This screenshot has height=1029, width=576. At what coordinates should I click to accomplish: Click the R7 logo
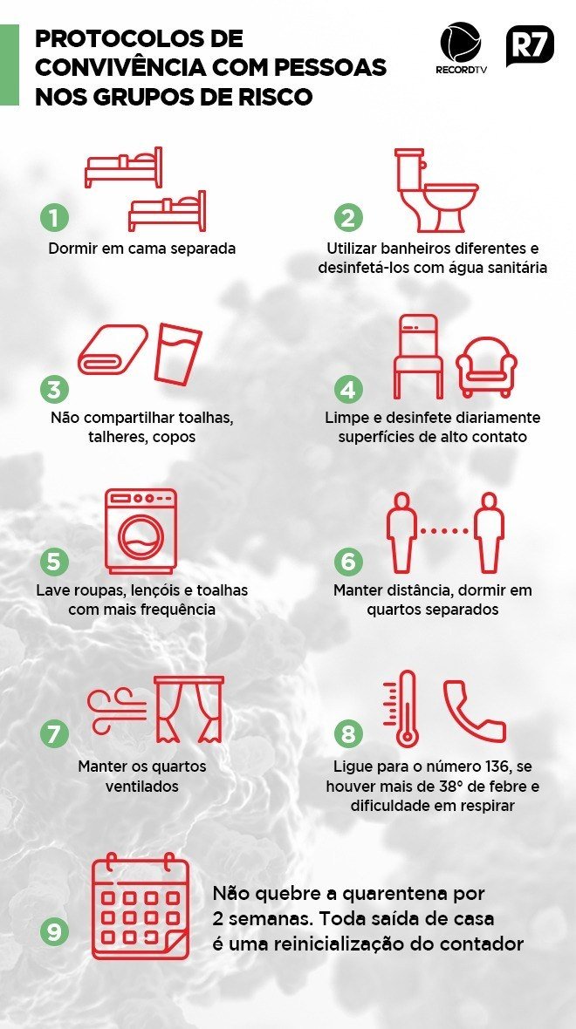click(530, 46)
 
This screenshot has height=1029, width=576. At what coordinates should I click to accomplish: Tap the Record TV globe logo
click(461, 44)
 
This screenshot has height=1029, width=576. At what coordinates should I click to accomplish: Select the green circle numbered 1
click(54, 217)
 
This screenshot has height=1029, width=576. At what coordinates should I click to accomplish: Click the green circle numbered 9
click(54, 932)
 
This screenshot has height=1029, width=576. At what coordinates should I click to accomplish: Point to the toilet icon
click(436, 190)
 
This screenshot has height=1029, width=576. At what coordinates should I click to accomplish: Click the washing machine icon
click(141, 531)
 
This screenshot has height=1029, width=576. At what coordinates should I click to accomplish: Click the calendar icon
click(141, 909)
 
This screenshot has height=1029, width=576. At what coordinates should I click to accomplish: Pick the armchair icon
click(487, 366)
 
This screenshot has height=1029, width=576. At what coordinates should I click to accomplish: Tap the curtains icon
click(189, 710)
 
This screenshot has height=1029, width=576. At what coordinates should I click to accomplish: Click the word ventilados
click(142, 786)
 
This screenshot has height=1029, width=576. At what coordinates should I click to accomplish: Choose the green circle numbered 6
click(349, 562)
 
